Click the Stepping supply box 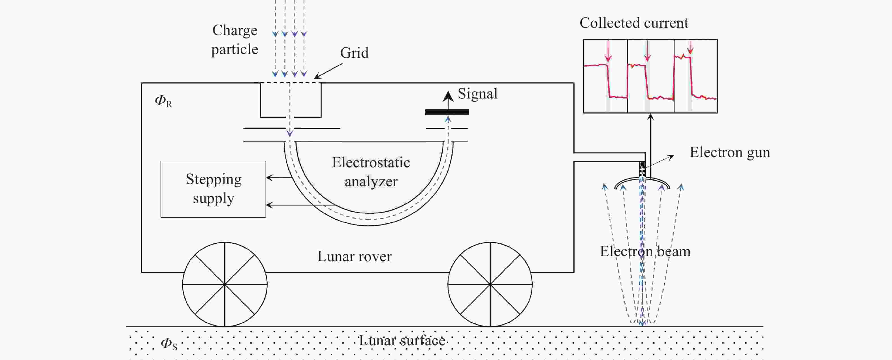[213, 189]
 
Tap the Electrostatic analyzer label [371, 172]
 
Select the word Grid [354, 53]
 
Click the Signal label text [477, 94]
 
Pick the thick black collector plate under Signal [447, 112]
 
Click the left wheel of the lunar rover [225, 284]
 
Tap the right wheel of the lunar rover [490, 284]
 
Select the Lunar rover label [354, 256]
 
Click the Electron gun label [729, 152]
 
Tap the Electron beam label [645, 251]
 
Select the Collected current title [634, 23]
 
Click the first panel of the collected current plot [605, 76]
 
